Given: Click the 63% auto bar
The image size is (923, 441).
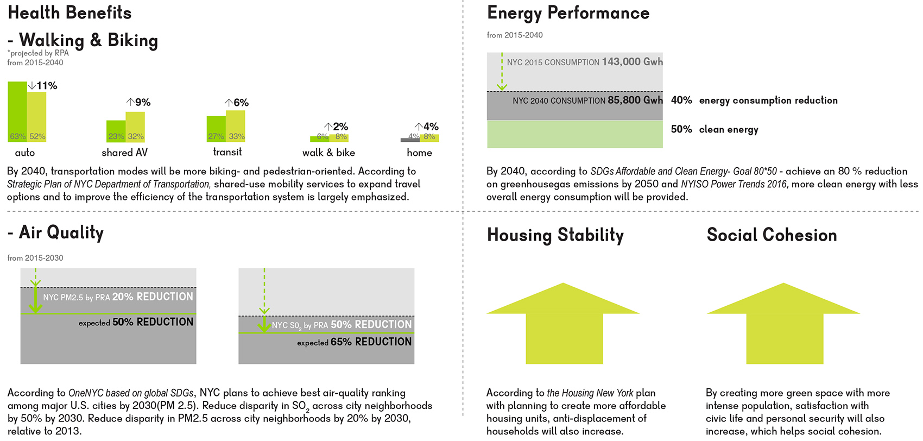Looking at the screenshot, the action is pyautogui.click(x=17, y=112).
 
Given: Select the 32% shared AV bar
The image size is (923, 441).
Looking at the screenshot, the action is pyautogui.click(x=135, y=127).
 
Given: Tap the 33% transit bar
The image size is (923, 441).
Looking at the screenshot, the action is pyautogui.click(x=235, y=126).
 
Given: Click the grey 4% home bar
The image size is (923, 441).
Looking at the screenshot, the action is pyautogui.click(x=410, y=140).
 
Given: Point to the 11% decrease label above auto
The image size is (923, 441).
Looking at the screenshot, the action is pyautogui.click(x=42, y=86).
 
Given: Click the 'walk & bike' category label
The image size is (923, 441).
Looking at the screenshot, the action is pyautogui.click(x=328, y=153).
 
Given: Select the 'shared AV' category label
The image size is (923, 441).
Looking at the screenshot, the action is pyautogui.click(x=124, y=153).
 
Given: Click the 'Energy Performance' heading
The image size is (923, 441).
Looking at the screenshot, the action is pyautogui.click(x=568, y=13).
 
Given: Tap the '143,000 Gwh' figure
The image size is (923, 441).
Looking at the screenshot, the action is pyautogui.click(x=632, y=62).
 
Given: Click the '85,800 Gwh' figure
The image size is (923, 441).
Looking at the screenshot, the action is pyautogui.click(x=635, y=100).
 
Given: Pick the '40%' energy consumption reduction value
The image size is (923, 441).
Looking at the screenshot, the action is pyautogui.click(x=681, y=100).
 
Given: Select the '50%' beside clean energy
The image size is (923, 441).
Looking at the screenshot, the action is pyautogui.click(x=681, y=129).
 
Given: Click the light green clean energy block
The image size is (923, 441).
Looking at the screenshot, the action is pyautogui.click(x=575, y=134).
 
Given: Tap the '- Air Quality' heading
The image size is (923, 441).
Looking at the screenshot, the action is pyautogui.click(x=55, y=233).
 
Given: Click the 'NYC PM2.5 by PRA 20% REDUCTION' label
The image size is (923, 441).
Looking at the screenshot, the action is pyautogui.click(x=118, y=297).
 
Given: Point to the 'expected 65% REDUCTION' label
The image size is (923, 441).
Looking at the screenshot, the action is pyautogui.click(x=354, y=342).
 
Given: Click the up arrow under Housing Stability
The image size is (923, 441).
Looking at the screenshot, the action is pyautogui.click(x=564, y=323).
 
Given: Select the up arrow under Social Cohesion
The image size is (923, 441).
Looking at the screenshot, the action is pyautogui.click(x=783, y=323).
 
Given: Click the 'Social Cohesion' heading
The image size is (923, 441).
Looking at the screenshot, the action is pyautogui.click(x=772, y=235).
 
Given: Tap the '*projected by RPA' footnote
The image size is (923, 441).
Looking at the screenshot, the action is pyautogui.click(x=38, y=53).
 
